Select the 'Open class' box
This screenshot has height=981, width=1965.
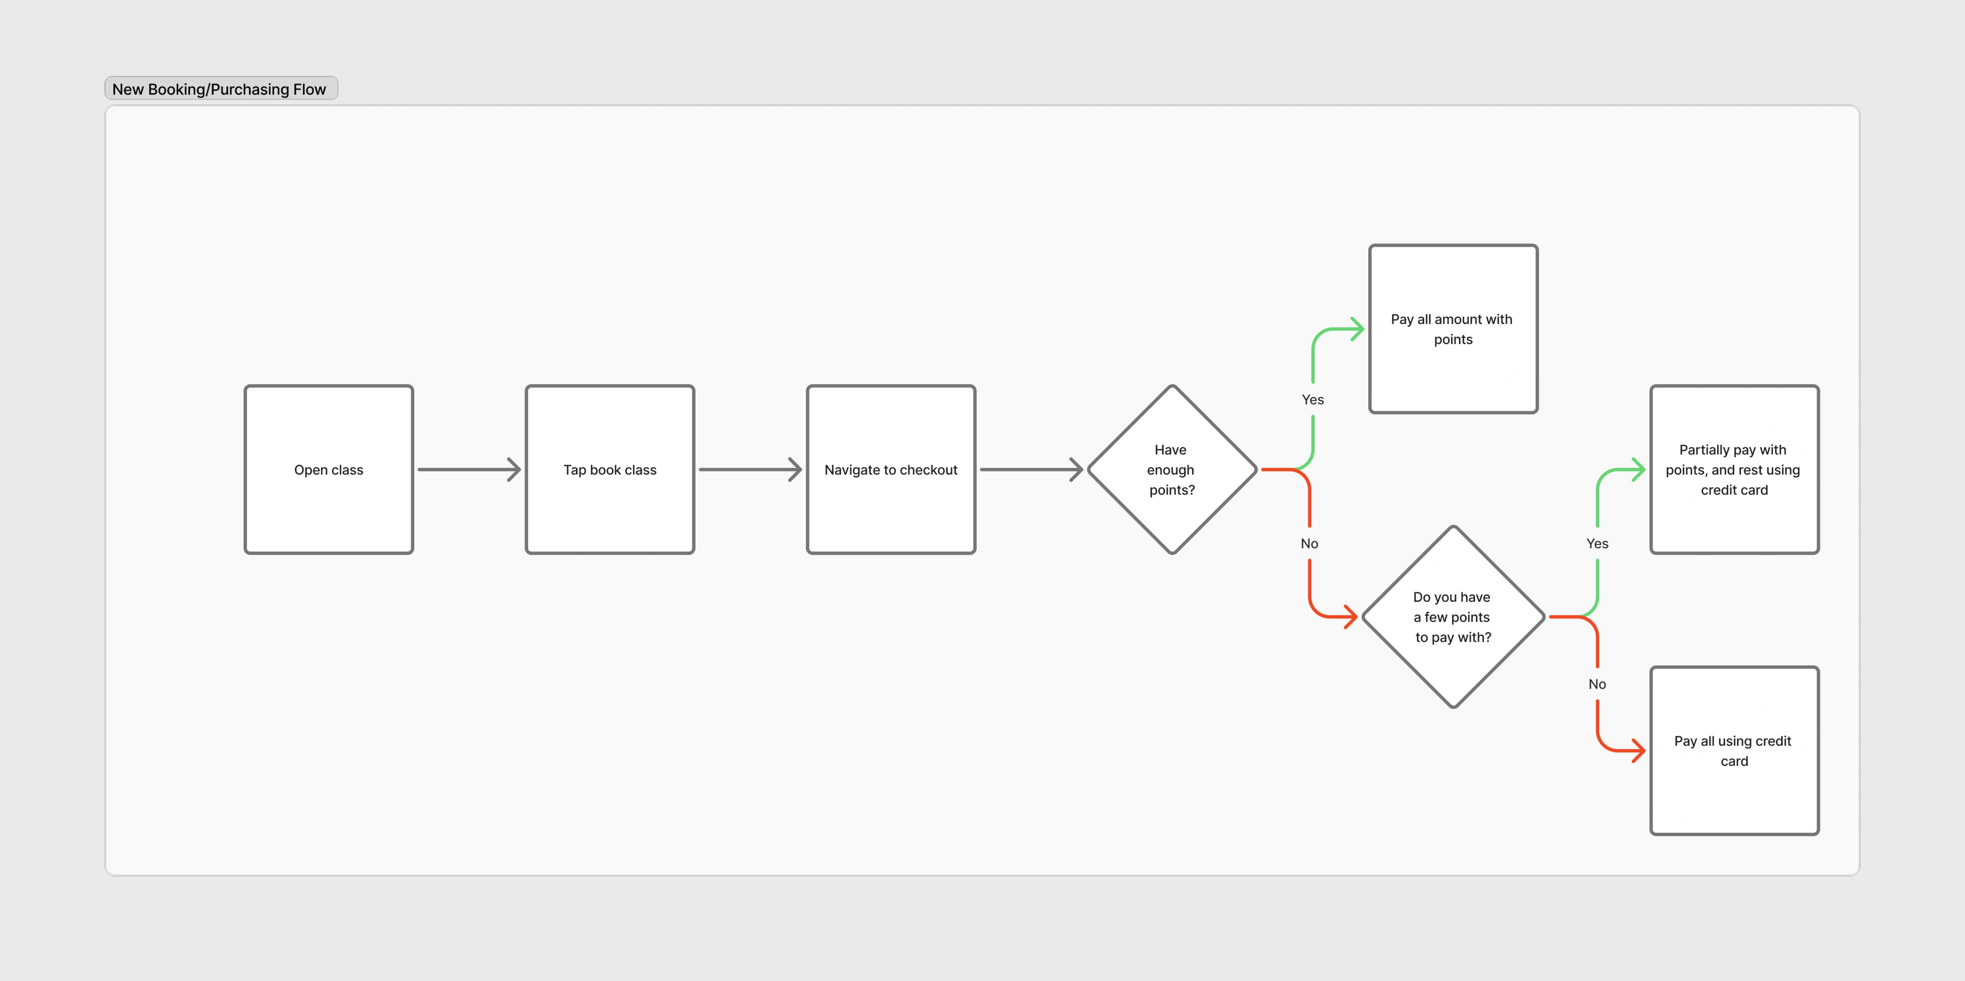pyautogui.click(x=329, y=469)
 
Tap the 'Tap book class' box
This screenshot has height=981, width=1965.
pyautogui.click(x=610, y=469)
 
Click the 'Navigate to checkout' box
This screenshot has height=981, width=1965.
pyautogui.click(x=891, y=469)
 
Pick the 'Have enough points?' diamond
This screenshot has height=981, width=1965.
pyautogui.click(x=1173, y=469)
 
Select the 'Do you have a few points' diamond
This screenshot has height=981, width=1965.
pyautogui.click(x=1453, y=616)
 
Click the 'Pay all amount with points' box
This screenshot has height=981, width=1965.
pyautogui.click(x=1453, y=329)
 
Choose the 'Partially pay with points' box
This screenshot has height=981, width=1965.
pyautogui.click(x=1735, y=469)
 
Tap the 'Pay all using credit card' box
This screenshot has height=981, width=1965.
pyautogui.click(x=1735, y=750)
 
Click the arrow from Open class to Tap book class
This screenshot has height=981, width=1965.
pyautogui.click(x=469, y=469)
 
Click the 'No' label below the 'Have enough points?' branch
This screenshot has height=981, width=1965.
pyautogui.click(x=1310, y=543)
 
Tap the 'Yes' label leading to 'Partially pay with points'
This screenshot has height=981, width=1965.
pyautogui.click(x=1597, y=543)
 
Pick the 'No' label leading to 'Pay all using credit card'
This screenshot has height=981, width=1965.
pyautogui.click(x=1597, y=684)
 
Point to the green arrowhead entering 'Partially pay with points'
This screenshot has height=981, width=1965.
pyautogui.click(x=1638, y=469)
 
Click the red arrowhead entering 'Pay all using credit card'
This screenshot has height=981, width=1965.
pyautogui.click(x=1638, y=750)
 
